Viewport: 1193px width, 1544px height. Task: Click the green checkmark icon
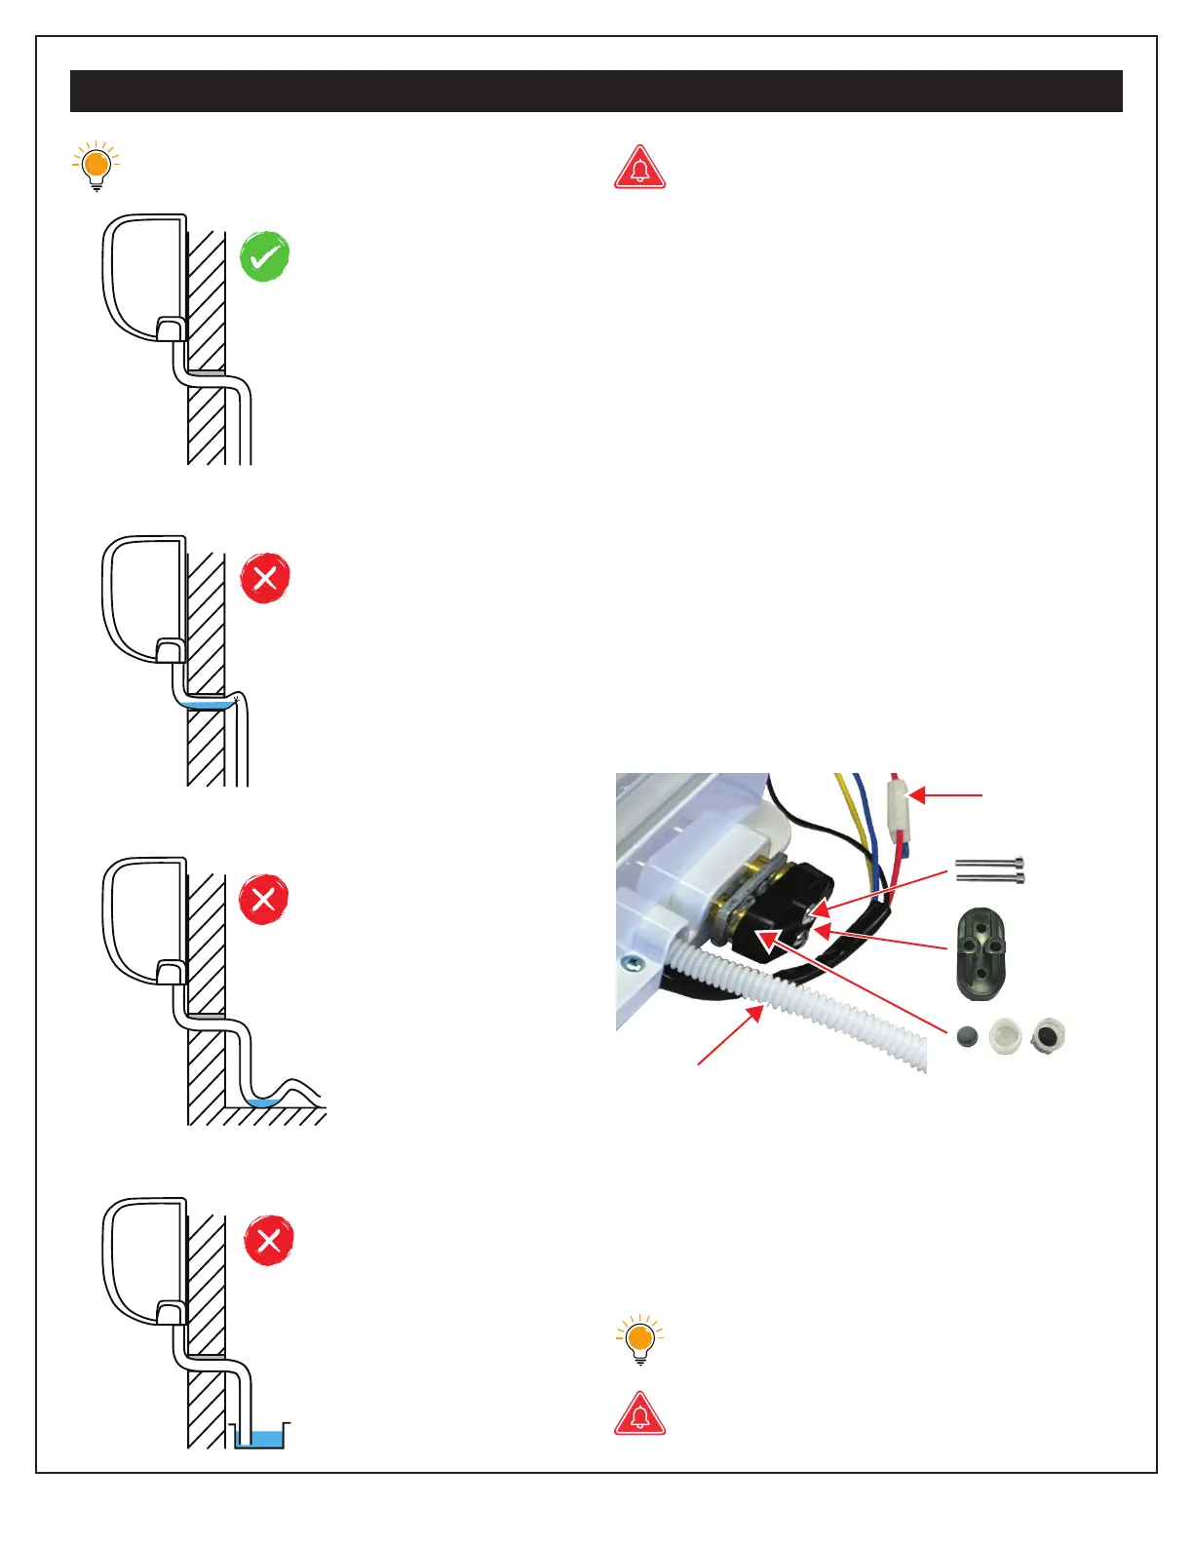(x=265, y=256)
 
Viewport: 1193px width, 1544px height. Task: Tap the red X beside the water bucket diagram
(x=269, y=1241)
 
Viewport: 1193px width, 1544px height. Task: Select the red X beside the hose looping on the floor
(x=263, y=899)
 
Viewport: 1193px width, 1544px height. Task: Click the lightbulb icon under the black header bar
(x=96, y=167)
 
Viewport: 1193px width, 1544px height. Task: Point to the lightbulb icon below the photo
(x=639, y=1340)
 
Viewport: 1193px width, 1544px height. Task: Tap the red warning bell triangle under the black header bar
(x=639, y=169)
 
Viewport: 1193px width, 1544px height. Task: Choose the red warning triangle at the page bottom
(x=639, y=1415)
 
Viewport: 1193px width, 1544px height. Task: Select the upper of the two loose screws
(x=989, y=862)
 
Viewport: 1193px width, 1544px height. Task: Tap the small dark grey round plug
(x=968, y=1036)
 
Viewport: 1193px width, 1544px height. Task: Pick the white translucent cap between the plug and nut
(x=1005, y=1035)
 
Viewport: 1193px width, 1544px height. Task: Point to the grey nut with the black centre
(x=1048, y=1034)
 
